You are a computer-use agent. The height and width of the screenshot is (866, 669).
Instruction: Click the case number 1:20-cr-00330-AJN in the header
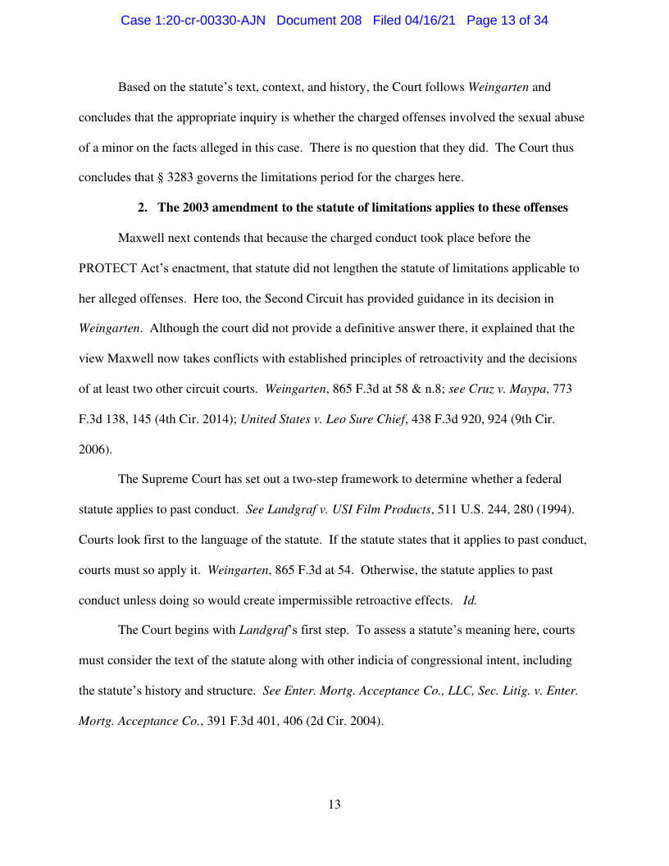pos(193,21)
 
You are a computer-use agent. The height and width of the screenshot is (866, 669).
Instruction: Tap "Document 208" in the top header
pos(319,21)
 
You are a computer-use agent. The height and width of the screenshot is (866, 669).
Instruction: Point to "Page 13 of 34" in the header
pos(507,21)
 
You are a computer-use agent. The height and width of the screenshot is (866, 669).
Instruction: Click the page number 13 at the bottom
pos(334,804)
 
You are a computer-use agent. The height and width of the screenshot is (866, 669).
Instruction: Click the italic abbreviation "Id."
pos(470,599)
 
